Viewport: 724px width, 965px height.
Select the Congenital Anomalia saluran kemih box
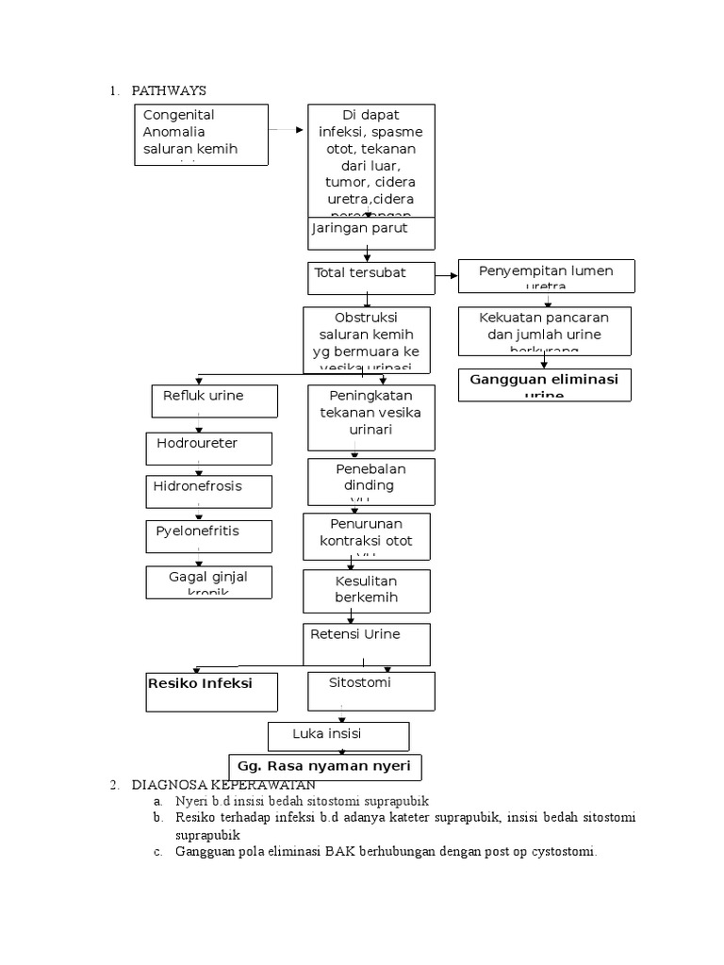(x=201, y=135)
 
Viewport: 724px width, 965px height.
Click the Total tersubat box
(x=370, y=277)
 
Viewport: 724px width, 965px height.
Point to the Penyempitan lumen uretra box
(x=546, y=276)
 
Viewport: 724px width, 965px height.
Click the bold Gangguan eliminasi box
(x=544, y=384)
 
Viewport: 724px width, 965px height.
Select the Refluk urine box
(x=215, y=401)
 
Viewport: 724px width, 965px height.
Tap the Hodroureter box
(x=208, y=449)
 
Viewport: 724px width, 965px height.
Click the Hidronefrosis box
(x=208, y=491)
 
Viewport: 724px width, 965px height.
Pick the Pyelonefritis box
(x=208, y=535)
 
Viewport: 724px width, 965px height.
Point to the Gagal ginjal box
(x=208, y=581)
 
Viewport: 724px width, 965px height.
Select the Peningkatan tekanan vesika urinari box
(x=370, y=417)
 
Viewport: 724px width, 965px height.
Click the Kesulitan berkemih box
(x=366, y=591)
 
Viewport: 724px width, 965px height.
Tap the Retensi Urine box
(x=366, y=644)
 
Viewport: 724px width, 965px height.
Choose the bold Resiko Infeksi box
(x=211, y=691)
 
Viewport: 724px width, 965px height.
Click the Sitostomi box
(x=370, y=691)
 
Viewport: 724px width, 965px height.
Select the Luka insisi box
(x=338, y=735)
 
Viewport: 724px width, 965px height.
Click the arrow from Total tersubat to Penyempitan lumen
(x=446, y=277)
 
